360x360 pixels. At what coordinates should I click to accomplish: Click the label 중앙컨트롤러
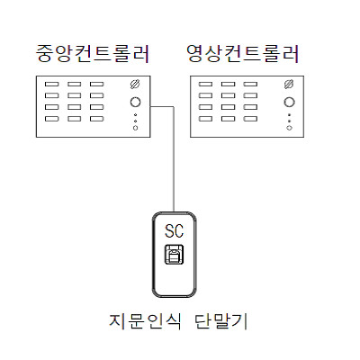pos(93,54)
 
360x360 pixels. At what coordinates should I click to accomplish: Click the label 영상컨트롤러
pos(243,54)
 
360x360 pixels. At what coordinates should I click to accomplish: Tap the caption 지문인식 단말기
pos(178,321)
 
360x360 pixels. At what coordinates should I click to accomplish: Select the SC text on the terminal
pos(174,231)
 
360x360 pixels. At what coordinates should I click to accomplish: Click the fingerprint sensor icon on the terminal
pos(174,255)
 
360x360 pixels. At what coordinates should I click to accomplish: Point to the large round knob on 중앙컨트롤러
pos(135,102)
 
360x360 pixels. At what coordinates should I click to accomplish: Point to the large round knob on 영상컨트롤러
pos(289,102)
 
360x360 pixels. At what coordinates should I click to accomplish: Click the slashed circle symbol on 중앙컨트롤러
pos(135,85)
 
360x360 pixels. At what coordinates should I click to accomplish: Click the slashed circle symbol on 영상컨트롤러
pos(289,85)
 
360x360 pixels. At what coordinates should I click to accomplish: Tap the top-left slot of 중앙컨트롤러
pos(51,85)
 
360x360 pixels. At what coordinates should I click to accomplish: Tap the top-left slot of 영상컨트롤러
pos(205,85)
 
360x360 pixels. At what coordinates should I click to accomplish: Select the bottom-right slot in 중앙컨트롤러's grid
pos(96,119)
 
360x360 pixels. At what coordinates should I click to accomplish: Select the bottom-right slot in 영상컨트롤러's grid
pos(250,119)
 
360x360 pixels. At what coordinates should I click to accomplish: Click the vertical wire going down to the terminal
pos(174,159)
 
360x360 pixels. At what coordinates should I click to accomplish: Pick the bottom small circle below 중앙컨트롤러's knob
pos(135,128)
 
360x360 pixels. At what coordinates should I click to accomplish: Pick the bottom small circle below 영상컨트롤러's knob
pos(289,128)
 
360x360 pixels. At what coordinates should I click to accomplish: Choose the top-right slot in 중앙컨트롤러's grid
pos(96,85)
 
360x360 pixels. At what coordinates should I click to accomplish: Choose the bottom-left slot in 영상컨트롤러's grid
pos(205,119)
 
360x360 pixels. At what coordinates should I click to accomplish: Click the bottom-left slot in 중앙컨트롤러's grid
pos(51,119)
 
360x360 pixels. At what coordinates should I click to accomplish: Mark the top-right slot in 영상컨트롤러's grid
pos(250,85)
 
